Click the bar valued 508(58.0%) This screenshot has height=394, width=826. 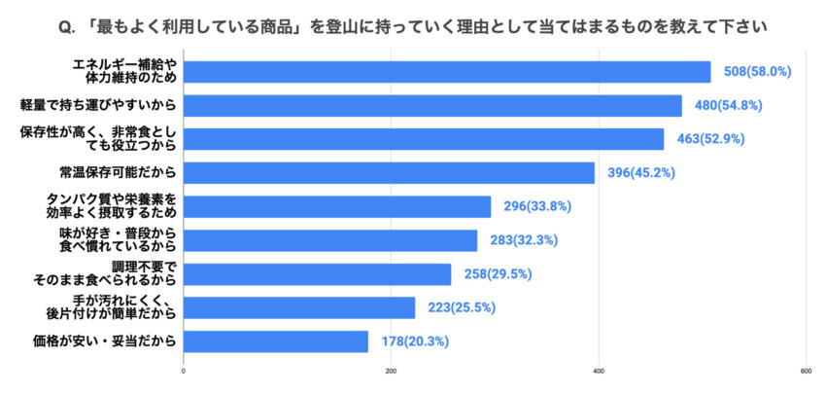pyautogui.click(x=447, y=71)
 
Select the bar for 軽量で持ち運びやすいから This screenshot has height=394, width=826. pyautogui.click(x=432, y=105)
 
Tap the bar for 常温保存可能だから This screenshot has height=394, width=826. pyautogui.click(x=389, y=172)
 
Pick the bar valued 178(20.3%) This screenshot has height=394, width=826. pyautogui.click(x=276, y=341)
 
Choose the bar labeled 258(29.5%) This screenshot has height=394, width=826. pyautogui.click(x=317, y=274)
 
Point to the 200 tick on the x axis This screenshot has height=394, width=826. pyautogui.click(x=392, y=371)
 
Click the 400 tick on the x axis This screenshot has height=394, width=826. pyautogui.click(x=599, y=371)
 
